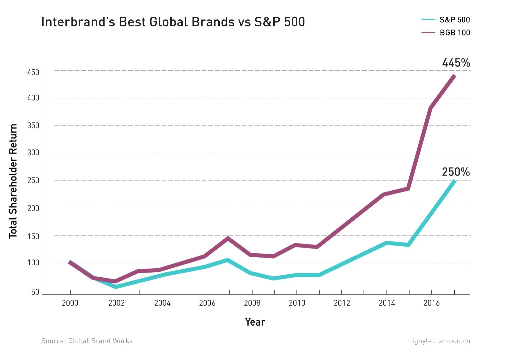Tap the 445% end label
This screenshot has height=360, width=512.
tap(456, 63)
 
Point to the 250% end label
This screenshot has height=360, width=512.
tap(456, 172)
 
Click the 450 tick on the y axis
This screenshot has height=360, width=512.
tap(33, 72)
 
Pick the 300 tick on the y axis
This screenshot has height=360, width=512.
tap(33, 153)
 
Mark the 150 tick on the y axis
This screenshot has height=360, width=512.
tap(33, 236)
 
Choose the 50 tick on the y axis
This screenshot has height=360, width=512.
tap(35, 292)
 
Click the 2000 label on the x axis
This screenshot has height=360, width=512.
tap(70, 303)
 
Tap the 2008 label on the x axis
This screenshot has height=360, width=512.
tap(252, 303)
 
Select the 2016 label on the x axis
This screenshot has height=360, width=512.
tap(431, 303)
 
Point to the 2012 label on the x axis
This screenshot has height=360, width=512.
tap(342, 303)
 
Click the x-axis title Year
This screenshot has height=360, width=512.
tap(255, 322)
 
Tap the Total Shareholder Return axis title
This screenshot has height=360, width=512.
tap(13, 181)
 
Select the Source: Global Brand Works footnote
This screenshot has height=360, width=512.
tap(87, 341)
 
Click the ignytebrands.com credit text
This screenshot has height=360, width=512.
tap(441, 341)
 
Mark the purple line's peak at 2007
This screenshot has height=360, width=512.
tap(228, 238)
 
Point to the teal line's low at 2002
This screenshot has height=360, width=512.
tap(116, 287)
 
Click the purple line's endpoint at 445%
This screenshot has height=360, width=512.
tap(454, 76)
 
